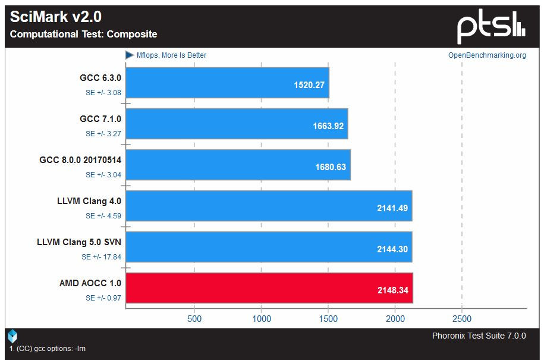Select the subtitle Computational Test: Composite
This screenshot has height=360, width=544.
pyautogui.click(x=84, y=35)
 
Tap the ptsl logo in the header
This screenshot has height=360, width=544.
pyautogui.click(x=490, y=27)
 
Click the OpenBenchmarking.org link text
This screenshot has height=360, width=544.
pyautogui.click(x=487, y=55)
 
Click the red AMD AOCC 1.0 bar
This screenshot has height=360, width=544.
pyautogui.click(x=268, y=288)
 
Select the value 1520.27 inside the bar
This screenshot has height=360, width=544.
pyautogui.click(x=309, y=85)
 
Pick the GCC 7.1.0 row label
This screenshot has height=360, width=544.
pyautogui.click(x=100, y=119)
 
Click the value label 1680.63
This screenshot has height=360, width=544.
pyautogui.click(x=331, y=167)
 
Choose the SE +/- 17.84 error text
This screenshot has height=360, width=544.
pyautogui.click(x=102, y=257)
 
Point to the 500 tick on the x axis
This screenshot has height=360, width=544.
pyautogui.click(x=194, y=319)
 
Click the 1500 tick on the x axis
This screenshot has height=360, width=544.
pyautogui.click(x=328, y=319)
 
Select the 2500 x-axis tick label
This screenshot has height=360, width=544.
pyautogui.click(x=462, y=319)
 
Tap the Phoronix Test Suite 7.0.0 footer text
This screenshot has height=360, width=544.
pyautogui.click(x=479, y=336)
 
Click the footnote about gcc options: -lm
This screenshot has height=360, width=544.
pyautogui.click(x=48, y=349)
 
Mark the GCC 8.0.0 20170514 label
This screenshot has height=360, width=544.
pyautogui.click(x=80, y=160)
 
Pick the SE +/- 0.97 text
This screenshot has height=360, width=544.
pyautogui.click(x=103, y=298)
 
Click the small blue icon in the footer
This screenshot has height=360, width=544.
pyautogui.click(x=12, y=336)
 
